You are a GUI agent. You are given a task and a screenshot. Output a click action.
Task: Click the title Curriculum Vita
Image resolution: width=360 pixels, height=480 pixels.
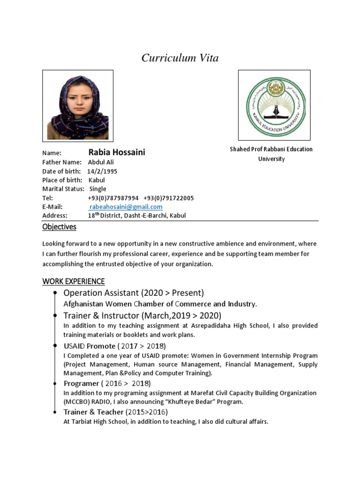[x=180, y=58]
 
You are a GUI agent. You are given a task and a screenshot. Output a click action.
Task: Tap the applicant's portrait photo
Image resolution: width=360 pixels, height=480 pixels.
[x=78, y=105]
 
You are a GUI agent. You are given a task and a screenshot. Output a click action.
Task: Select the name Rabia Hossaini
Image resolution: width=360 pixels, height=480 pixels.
[x=117, y=152]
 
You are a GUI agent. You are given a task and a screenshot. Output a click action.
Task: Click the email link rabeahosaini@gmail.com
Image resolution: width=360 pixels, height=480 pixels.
[x=126, y=207]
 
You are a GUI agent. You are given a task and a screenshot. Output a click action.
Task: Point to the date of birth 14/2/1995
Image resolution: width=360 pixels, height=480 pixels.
[x=102, y=171]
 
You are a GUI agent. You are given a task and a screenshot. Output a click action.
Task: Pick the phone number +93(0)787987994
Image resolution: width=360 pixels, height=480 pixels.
[x=113, y=198]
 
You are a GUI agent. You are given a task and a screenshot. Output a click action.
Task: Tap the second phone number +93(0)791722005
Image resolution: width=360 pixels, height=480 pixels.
[x=168, y=198]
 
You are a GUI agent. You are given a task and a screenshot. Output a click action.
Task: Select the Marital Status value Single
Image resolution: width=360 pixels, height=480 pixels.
[x=98, y=189]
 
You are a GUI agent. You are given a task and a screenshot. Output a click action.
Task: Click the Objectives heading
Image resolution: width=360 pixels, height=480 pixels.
[x=59, y=227]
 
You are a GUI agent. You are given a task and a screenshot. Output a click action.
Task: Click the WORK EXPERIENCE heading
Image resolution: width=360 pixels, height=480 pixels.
[x=74, y=281]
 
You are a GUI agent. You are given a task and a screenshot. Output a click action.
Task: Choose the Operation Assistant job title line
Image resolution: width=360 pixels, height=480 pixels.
[x=134, y=293]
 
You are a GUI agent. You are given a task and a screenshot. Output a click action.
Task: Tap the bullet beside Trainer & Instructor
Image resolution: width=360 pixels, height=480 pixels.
[x=56, y=315]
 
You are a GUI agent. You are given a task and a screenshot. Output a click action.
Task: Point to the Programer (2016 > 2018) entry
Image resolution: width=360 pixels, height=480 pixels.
[x=107, y=383]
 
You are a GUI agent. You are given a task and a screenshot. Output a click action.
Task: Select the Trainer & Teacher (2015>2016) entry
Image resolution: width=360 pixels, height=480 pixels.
[x=115, y=412]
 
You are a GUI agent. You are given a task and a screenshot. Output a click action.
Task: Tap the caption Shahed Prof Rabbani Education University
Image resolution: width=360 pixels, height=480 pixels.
[x=271, y=154]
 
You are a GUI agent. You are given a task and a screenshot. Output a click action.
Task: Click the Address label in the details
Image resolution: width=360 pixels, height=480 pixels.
[x=55, y=216]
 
